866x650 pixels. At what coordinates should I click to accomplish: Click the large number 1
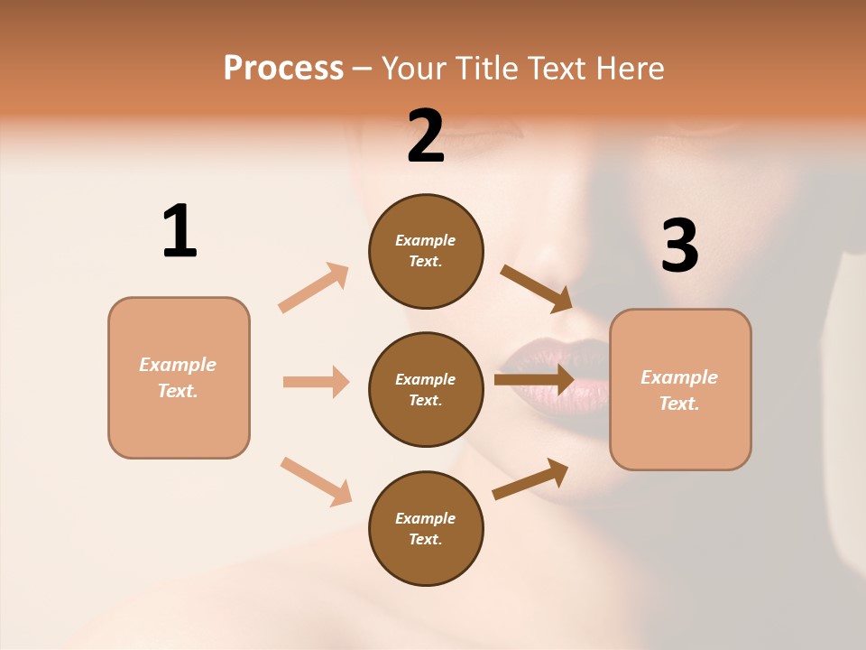click(180, 231)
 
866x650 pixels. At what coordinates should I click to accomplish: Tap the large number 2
click(426, 136)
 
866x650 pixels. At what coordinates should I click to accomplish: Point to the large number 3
click(680, 246)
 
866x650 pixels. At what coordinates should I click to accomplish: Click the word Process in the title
click(283, 68)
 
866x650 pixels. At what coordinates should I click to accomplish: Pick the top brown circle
click(426, 251)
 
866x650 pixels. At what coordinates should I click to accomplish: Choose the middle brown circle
click(426, 389)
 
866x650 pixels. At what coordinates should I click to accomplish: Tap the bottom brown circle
click(426, 528)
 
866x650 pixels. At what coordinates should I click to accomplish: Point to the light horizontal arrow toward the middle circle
click(316, 382)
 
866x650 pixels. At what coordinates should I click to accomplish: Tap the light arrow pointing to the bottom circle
click(316, 480)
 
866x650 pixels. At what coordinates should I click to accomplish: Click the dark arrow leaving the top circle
click(536, 287)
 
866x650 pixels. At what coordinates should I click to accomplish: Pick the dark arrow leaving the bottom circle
click(530, 478)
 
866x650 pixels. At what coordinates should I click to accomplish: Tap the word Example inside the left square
click(178, 365)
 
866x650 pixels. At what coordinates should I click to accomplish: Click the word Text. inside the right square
click(679, 404)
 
